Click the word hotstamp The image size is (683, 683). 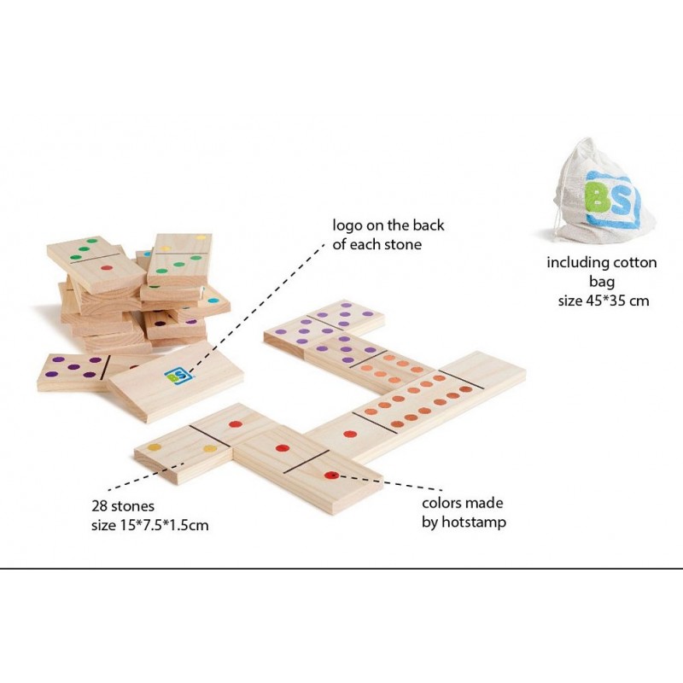pyautogui.click(x=474, y=522)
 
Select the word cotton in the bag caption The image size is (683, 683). pyautogui.click(x=634, y=263)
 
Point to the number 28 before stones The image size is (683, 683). pyautogui.click(x=99, y=506)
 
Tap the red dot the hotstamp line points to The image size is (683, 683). pyautogui.click(x=331, y=476)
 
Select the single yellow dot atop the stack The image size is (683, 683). pyautogui.click(x=201, y=238)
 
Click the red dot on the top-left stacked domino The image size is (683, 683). pyautogui.click(x=106, y=268)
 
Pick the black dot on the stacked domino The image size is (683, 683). pyautogui.click(x=161, y=324)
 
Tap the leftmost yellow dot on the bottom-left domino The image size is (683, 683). pyautogui.click(x=155, y=447)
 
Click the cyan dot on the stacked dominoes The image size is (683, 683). pyautogui.click(x=213, y=301)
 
